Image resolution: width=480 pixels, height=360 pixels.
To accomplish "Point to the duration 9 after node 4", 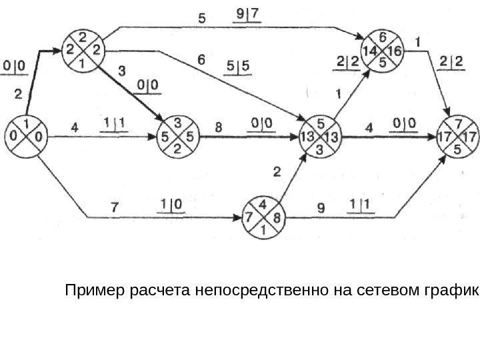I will click(x=320, y=207).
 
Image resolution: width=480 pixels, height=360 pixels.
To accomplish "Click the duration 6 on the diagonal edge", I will click(x=201, y=59).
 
